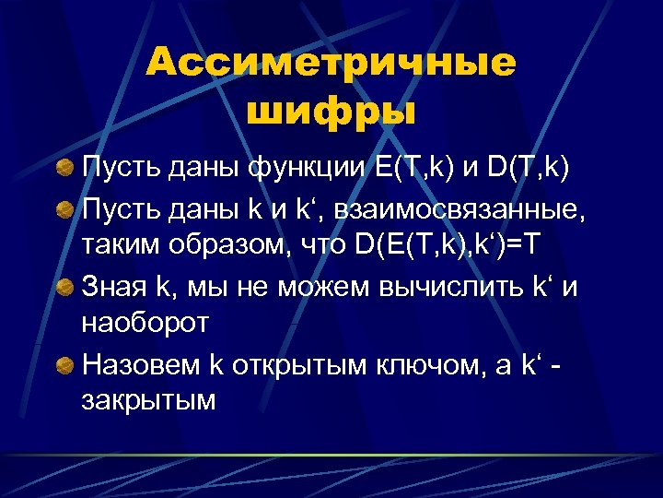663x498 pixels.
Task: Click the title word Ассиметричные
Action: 331,64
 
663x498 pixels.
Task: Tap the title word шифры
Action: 331,112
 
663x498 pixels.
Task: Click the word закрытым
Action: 149,403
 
